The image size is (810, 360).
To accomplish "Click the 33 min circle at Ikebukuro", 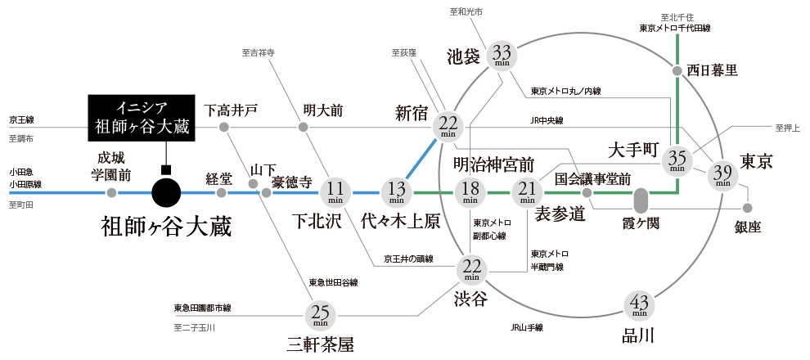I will coord(502,56).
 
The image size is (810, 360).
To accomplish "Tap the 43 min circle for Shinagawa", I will coord(640,306).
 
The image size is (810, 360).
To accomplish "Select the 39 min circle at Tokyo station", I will coord(722,174).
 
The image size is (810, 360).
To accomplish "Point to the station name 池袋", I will coord(465,57).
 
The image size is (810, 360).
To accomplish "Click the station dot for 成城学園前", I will coord(111,193).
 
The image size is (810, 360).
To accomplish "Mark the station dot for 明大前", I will coord(303,127).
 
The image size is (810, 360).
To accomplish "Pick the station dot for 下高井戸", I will coord(223,127).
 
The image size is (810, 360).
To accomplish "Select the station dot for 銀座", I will coord(746,207).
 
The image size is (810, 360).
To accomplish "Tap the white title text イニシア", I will coord(142,108).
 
